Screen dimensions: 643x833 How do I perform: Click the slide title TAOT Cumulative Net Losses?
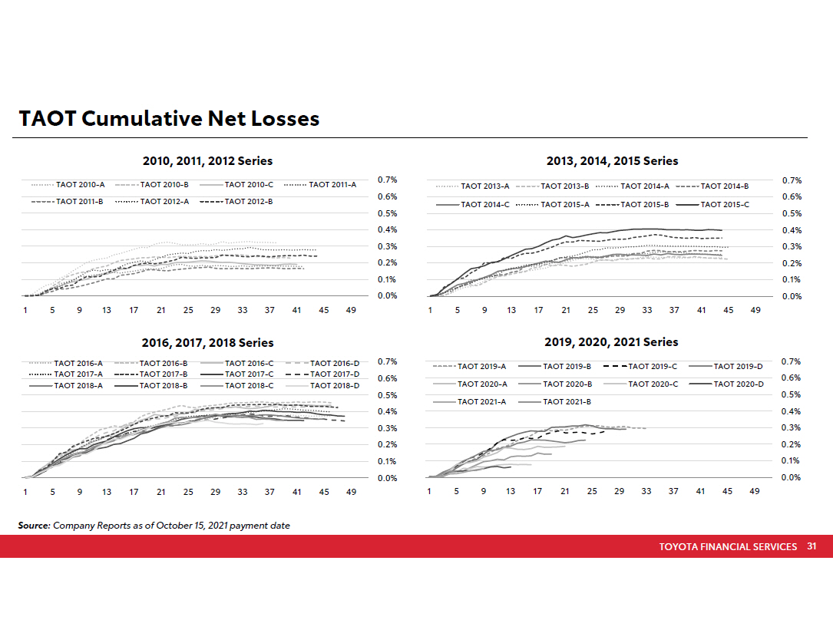pyautogui.click(x=169, y=119)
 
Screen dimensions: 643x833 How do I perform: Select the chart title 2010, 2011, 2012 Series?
pyautogui.click(x=207, y=161)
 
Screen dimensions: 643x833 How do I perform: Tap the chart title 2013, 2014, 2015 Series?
pyautogui.click(x=612, y=161)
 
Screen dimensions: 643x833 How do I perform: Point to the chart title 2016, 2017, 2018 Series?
pyautogui.click(x=207, y=343)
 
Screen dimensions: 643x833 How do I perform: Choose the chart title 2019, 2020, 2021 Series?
pyautogui.click(x=611, y=341)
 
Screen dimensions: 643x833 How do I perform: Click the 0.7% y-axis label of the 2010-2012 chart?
pyautogui.click(x=387, y=180)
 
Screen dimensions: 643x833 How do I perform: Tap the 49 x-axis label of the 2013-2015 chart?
pyautogui.click(x=755, y=310)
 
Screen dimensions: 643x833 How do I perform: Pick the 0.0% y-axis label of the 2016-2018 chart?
pyautogui.click(x=387, y=479)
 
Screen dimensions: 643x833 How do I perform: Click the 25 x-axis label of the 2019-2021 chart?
pyautogui.click(x=592, y=491)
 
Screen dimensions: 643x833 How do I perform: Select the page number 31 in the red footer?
pyautogui.click(x=812, y=547)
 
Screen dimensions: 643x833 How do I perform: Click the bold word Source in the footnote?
pyautogui.click(x=34, y=526)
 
